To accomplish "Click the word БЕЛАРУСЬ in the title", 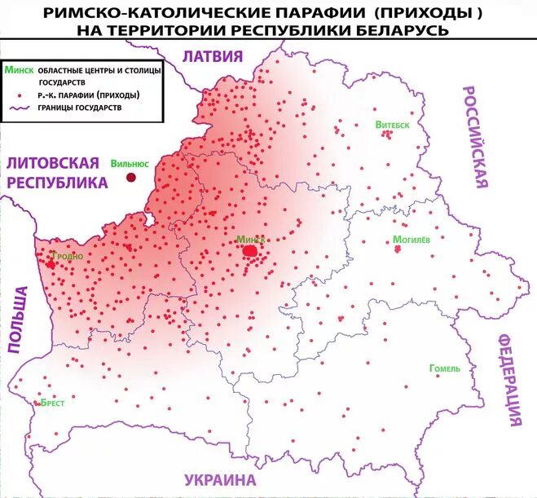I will (403, 29).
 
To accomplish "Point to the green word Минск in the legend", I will (19, 71).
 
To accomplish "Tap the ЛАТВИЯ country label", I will (213, 55).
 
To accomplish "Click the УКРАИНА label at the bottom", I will (219, 479).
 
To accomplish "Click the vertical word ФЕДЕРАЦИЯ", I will (511, 379).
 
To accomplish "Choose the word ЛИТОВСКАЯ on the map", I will (52, 162).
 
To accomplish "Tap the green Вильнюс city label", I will (130, 162).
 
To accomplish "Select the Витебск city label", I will (392, 125).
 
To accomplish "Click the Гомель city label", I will (444, 368).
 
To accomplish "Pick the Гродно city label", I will (67, 256).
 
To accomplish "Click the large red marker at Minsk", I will (251, 251).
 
